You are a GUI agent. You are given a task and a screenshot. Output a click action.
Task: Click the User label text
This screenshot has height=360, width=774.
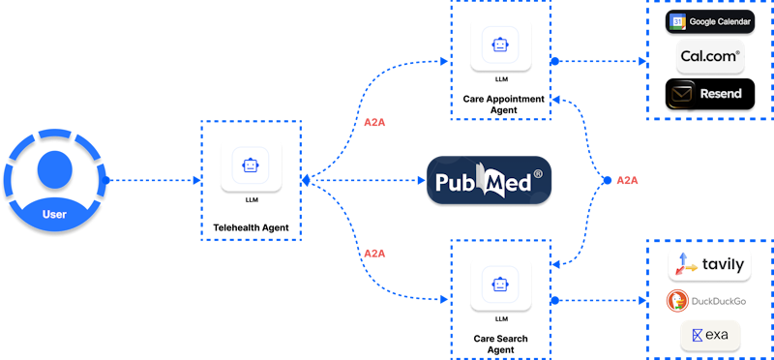point(54,214)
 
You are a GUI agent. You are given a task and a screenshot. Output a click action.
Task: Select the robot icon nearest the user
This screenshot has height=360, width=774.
point(251,165)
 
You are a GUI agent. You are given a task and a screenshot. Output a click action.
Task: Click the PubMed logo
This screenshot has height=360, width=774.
point(490,181)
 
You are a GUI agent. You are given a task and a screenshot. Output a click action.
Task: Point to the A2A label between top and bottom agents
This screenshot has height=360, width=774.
point(627,180)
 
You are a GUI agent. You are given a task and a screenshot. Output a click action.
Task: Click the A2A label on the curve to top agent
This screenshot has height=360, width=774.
point(374,123)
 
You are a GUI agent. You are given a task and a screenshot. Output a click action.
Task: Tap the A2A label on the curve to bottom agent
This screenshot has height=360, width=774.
point(374,253)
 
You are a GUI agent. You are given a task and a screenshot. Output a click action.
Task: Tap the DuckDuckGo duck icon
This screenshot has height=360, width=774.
point(677,301)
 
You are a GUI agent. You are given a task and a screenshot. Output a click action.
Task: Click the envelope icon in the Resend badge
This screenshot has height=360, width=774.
point(682,94)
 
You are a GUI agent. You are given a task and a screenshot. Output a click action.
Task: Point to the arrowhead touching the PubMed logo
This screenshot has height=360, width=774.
point(422,180)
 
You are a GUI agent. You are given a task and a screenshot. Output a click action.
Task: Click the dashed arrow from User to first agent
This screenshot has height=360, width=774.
point(155,180)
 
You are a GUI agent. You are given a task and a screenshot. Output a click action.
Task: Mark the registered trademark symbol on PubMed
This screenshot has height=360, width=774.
point(538,174)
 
